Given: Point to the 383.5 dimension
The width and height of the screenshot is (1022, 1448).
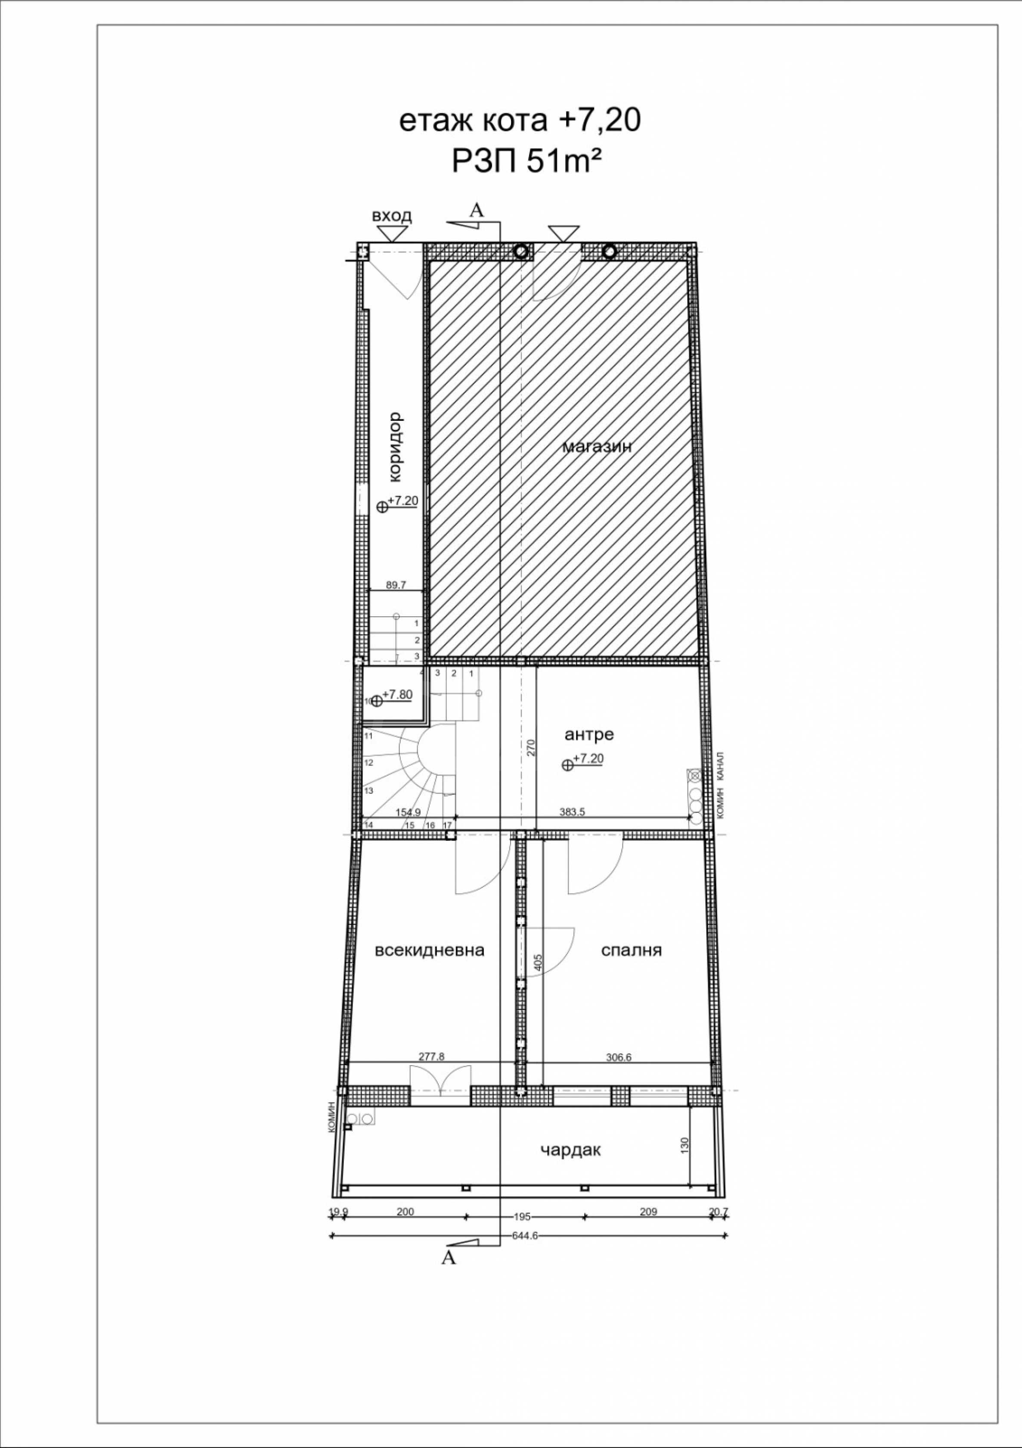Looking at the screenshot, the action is pos(573,812).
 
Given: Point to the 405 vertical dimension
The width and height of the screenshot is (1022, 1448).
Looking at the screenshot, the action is pos(538,961).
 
